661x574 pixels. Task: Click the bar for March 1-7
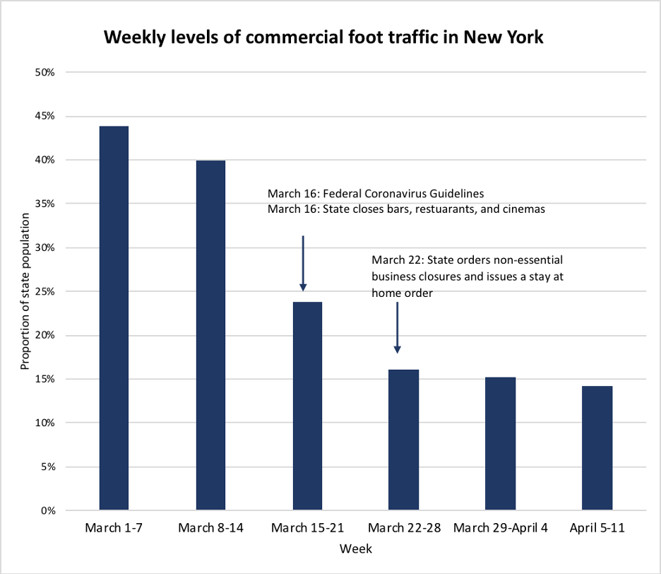114,318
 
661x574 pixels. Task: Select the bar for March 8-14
210,335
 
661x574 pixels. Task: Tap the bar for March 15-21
307,406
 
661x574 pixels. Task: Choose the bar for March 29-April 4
500,443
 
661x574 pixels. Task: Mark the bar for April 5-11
597,447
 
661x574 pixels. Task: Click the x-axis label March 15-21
307,529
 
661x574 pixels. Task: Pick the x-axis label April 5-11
597,529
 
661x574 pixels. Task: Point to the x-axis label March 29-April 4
500,529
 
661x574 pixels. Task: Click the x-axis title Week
355,549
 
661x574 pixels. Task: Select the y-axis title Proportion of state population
25,291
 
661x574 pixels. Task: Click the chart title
324,37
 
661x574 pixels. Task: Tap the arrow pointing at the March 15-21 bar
303,263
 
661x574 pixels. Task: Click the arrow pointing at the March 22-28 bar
398,327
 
